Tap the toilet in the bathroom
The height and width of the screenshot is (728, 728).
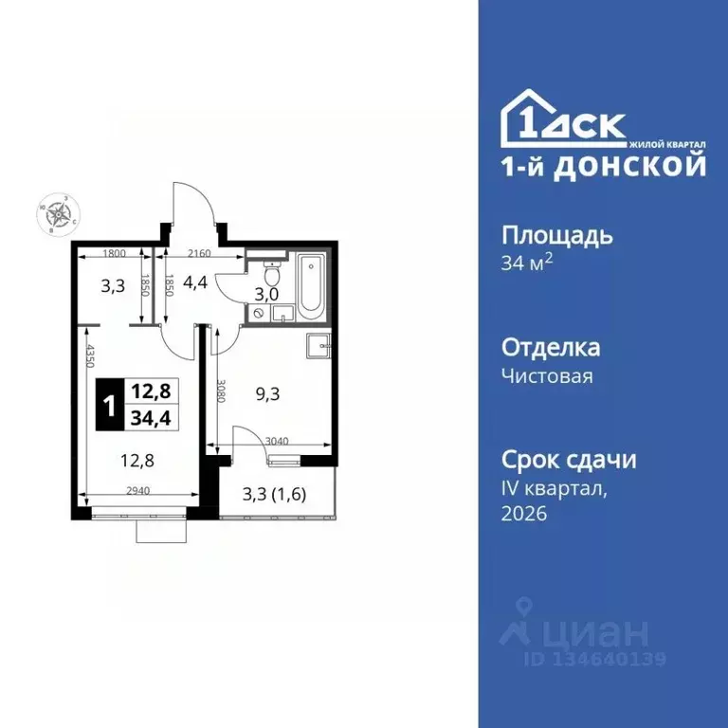[272, 276]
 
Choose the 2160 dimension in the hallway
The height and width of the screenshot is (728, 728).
[198, 253]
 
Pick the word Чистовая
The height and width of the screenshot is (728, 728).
[547, 376]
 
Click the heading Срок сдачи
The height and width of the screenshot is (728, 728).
[568, 460]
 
